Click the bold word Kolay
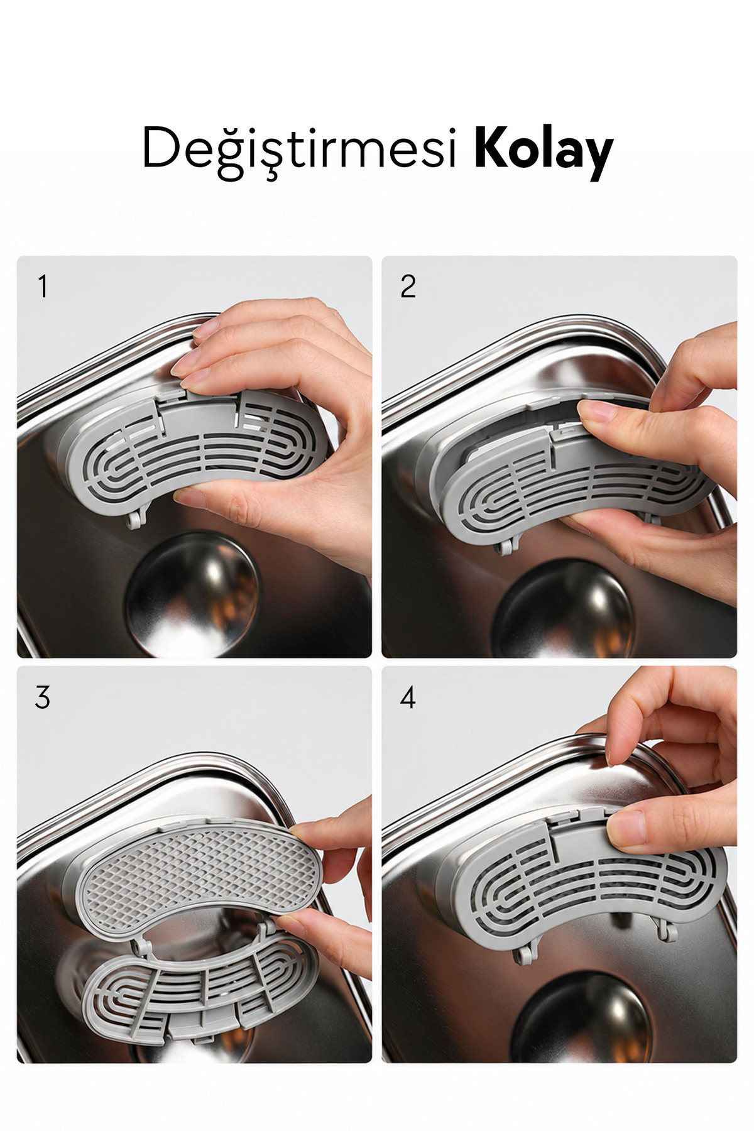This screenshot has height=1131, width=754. pyautogui.click(x=544, y=150)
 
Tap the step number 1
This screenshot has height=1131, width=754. pyautogui.click(x=43, y=287)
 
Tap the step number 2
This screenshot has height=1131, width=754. pyautogui.click(x=408, y=287)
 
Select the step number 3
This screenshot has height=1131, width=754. pyautogui.click(x=42, y=697)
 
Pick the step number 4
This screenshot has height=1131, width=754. pyautogui.click(x=408, y=697)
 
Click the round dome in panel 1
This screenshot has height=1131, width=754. pyautogui.click(x=192, y=594)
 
